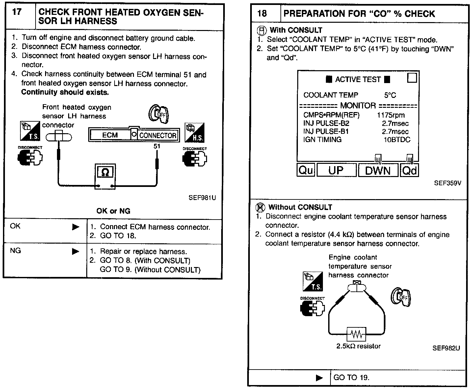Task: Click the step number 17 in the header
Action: click(17, 12)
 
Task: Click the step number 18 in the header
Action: click(262, 14)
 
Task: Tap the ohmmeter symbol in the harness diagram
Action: click(105, 172)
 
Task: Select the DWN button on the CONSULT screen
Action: click(378, 170)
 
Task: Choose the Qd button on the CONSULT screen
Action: click(409, 170)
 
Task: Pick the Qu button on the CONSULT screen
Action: click(306, 170)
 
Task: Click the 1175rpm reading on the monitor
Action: click(391, 115)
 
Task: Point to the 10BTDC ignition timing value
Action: click(397, 139)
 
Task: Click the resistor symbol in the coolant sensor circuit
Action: click(356, 335)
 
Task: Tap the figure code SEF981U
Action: click(202, 198)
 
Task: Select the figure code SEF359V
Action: click(447, 183)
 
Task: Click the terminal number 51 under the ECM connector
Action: click(157, 146)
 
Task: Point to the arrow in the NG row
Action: click(76, 252)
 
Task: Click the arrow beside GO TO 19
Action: click(319, 378)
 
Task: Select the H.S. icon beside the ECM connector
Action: click(195, 133)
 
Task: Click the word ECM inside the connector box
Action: click(110, 135)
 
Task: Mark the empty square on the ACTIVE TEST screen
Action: click(412, 78)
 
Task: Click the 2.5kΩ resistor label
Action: click(358, 346)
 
